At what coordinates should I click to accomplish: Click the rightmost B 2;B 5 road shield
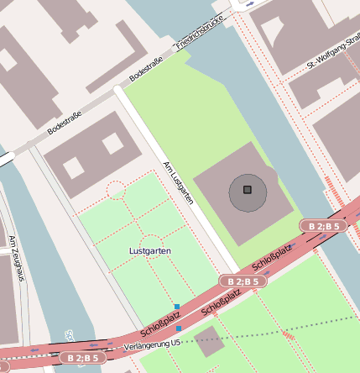323,226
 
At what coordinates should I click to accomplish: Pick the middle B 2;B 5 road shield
243,281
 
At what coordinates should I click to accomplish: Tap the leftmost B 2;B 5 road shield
81,358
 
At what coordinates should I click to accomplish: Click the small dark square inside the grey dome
247,190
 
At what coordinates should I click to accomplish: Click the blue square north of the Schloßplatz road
176,307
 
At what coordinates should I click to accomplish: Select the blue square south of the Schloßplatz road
178,328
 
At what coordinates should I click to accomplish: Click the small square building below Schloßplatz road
209,342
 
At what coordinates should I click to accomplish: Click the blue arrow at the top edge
249,3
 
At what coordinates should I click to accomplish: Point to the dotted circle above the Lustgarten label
116,192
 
